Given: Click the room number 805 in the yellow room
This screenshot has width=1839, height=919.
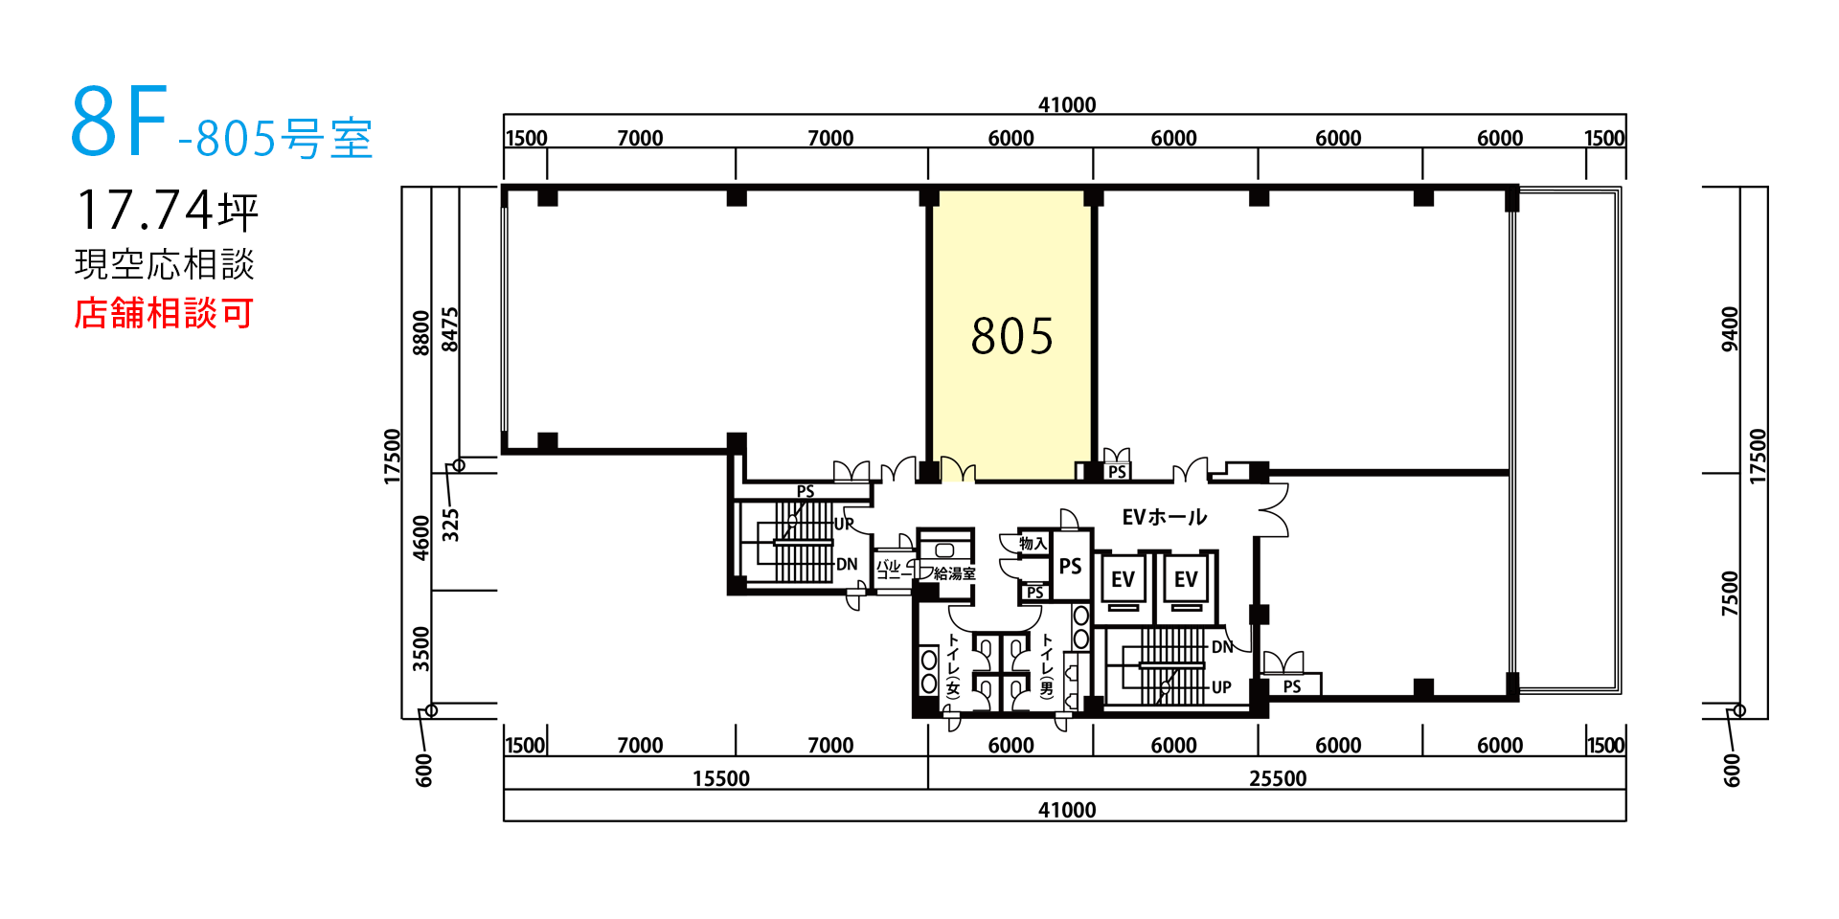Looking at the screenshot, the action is click(x=1011, y=336).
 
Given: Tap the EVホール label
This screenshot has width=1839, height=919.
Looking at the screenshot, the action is click(x=1164, y=518).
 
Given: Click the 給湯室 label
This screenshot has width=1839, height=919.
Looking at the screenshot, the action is click(x=955, y=573).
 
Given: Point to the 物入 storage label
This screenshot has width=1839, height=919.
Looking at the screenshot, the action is click(x=1033, y=544).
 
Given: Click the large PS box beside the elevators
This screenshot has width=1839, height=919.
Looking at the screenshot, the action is click(x=1071, y=566).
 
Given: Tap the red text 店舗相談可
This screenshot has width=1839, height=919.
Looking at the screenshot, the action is click(x=164, y=313).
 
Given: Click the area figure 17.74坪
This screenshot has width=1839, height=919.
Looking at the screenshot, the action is click(x=168, y=211).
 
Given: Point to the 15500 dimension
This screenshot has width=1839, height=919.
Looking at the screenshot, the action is click(x=721, y=778).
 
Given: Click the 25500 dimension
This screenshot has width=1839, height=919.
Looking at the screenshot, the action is click(x=1278, y=778).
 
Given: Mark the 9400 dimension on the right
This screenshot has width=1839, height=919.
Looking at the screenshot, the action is click(x=1730, y=329).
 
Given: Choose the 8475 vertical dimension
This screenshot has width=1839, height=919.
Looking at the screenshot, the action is click(x=450, y=329).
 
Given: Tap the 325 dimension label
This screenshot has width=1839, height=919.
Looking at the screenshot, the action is click(x=450, y=525).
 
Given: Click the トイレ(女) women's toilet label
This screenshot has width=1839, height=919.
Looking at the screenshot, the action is click(x=953, y=664).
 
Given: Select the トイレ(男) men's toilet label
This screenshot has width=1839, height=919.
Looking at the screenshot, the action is click(x=1047, y=664).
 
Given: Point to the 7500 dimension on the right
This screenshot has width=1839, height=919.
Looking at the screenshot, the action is click(x=1730, y=594).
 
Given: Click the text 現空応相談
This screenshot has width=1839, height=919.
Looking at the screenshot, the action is click(x=165, y=264).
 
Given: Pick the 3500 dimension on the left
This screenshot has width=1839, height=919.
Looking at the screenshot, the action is click(x=421, y=649).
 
